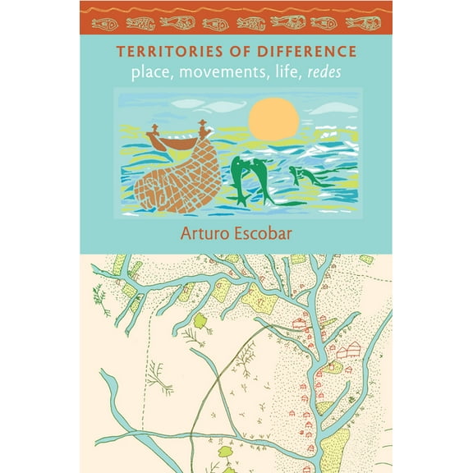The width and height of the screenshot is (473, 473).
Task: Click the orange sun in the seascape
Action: [x=273, y=117]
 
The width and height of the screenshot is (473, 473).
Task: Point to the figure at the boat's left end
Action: [x=152, y=131]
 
